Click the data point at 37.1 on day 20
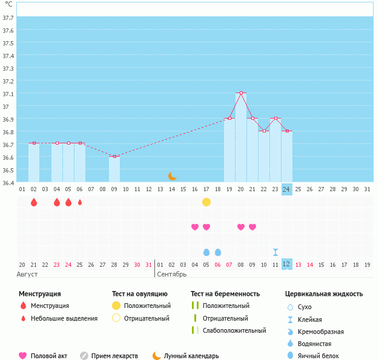(241, 93)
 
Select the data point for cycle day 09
(114, 156)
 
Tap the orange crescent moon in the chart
(173, 175)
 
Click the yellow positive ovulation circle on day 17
(206, 201)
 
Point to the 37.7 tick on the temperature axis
(8, 18)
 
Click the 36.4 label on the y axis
(8, 182)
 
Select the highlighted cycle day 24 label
(287, 189)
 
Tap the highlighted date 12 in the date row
(287, 264)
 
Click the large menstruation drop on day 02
(34, 201)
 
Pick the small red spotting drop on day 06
(80, 201)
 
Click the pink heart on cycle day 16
(195, 227)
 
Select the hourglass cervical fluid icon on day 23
(275, 252)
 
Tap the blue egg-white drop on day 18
(218, 252)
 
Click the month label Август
(27, 274)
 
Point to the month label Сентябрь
(173, 274)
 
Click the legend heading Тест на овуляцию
(140, 294)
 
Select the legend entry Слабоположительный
(234, 330)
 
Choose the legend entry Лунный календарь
(191, 356)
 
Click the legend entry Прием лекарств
(114, 356)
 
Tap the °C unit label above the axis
(8, 4)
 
